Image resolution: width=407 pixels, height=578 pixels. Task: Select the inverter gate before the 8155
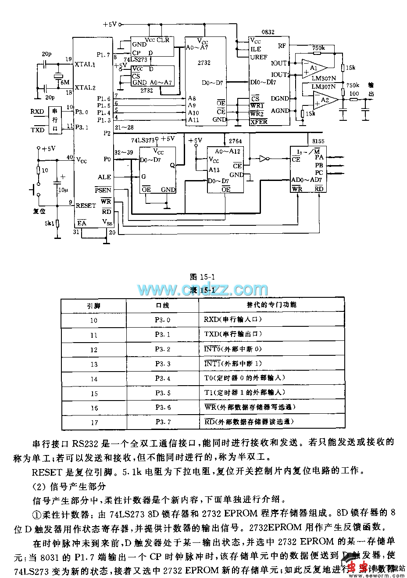point(264,159)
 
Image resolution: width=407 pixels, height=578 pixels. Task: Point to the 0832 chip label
point(268,32)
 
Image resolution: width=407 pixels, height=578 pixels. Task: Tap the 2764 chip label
point(235,141)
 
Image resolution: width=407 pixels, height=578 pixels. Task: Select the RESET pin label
point(86,206)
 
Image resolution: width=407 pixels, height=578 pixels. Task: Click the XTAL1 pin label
point(85,64)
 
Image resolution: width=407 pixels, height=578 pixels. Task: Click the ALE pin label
point(104,177)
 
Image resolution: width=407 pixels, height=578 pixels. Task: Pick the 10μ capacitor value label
point(63,190)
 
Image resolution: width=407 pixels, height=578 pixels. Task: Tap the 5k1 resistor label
point(48,223)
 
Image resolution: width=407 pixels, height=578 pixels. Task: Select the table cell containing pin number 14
point(94,379)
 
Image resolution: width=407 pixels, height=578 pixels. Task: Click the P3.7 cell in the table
point(162,422)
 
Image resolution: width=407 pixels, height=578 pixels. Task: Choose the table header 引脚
point(94,305)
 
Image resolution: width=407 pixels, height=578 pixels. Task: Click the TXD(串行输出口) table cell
point(233,334)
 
